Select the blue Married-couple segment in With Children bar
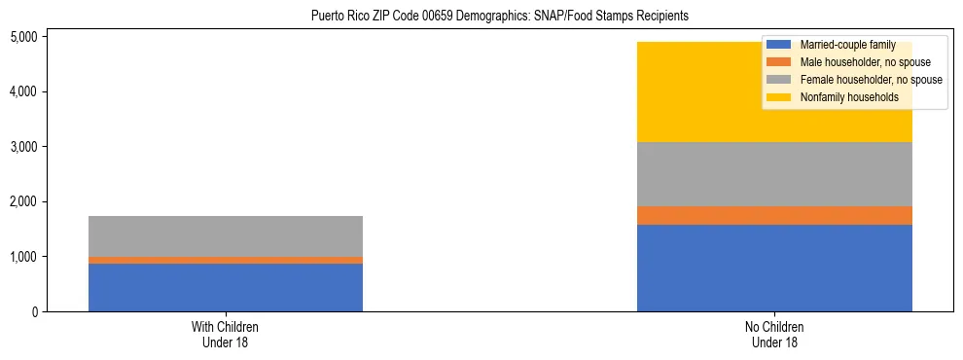click(226, 287)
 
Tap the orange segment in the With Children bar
click(226, 260)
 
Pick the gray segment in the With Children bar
click(226, 236)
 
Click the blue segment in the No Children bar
click(774, 268)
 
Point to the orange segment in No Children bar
click(774, 215)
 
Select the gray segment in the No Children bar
click(774, 174)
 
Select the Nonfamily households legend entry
click(842, 97)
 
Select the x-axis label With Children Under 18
click(226, 335)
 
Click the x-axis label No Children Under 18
click(774, 335)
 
